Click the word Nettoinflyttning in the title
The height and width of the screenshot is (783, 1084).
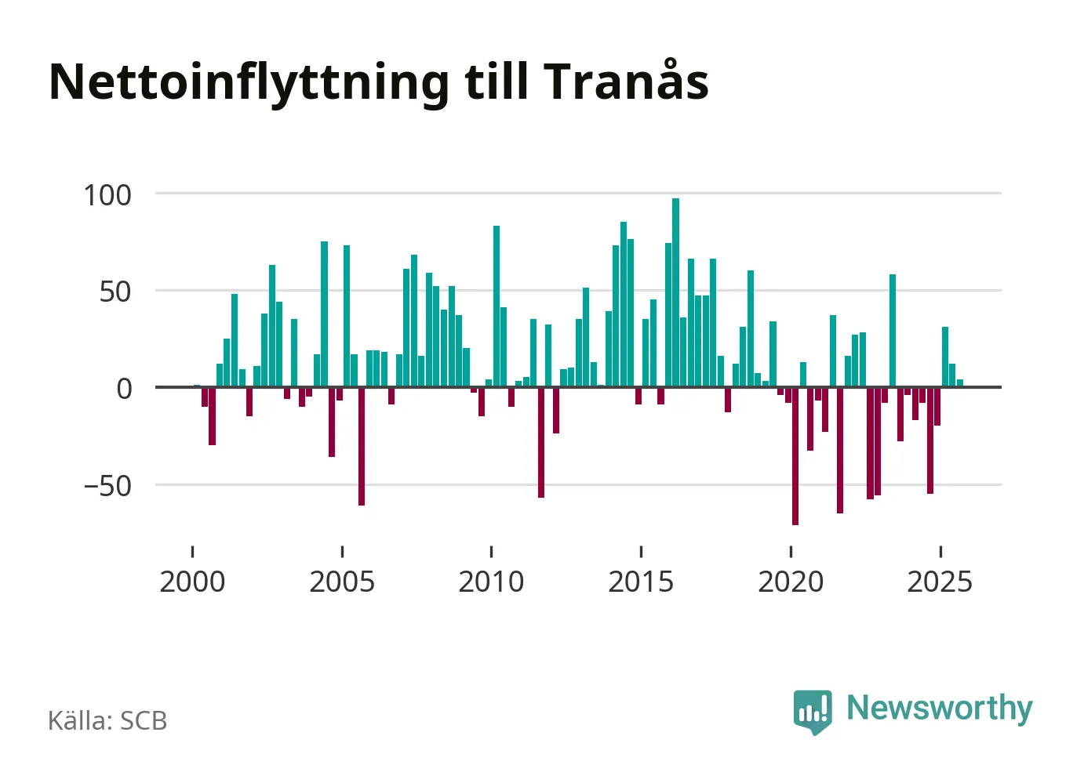pyautogui.click(x=249, y=82)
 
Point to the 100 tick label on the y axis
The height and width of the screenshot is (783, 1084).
pyautogui.click(x=107, y=195)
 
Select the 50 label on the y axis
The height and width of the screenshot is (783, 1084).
pyautogui.click(x=115, y=292)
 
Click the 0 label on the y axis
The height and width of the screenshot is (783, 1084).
pyautogui.click(x=124, y=389)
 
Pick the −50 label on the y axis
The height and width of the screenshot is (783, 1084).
pyautogui.click(x=107, y=486)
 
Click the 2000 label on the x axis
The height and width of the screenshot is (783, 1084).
pyautogui.click(x=192, y=582)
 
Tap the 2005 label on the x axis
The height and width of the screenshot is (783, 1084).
pyautogui.click(x=342, y=582)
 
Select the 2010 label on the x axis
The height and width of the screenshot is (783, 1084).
pyautogui.click(x=491, y=582)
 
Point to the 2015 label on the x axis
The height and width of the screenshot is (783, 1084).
pyautogui.click(x=641, y=582)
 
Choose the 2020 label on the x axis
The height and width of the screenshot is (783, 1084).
pyautogui.click(x=791, y=582)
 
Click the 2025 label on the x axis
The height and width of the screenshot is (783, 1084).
pyautogui.click(x=940, y=582)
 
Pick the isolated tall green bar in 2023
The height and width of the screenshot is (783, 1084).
pyautogui.click(x=893, y=330)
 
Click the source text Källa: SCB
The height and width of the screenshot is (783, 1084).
pyautogui.click(x=107, y=721)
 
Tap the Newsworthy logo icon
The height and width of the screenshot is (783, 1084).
pyautogui.click(x=813, y=711)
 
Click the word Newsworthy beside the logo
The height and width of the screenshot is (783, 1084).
pyautogui.click(x=939, y=708)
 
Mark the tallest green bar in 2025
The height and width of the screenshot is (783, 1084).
pyautogui.click(x=945, y=357)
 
